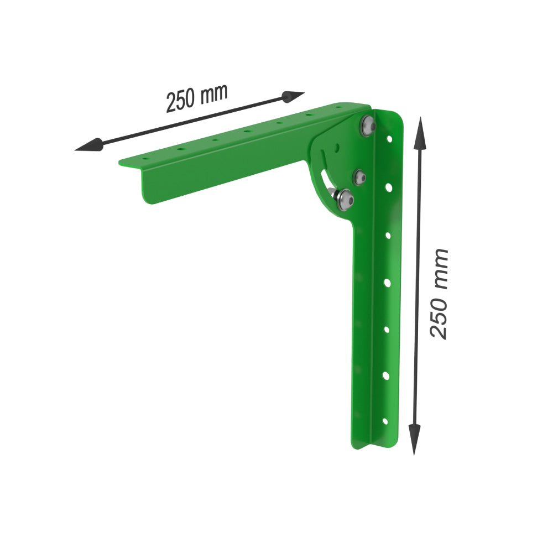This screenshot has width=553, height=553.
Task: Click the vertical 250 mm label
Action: [x=439, y=294]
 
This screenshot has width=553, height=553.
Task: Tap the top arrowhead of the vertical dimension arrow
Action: [x=420, y=133]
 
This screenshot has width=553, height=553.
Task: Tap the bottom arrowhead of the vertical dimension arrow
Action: [x=414, y=439]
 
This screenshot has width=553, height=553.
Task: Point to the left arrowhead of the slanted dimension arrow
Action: [x=88, y=145]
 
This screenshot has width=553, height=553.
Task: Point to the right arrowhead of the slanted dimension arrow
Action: [x=293, y=96]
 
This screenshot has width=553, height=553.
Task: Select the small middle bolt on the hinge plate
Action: [x=360, y=177]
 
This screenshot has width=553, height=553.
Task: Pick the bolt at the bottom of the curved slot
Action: [x=345, y=200]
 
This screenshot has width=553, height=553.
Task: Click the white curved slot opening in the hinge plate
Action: [x=326, y=180]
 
